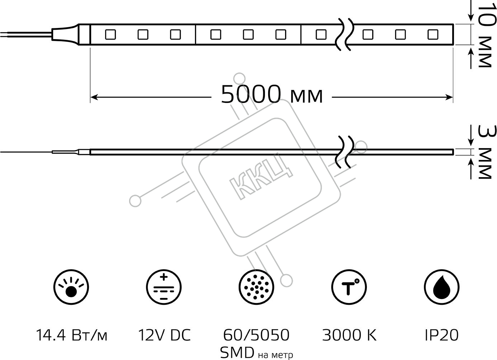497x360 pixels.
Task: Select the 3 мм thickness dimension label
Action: coord(486,152)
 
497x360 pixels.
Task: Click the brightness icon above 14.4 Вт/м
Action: coord(71,287)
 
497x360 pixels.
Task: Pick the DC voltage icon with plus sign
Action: coord(164,287)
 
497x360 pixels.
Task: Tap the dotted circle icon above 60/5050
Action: coord(256,287)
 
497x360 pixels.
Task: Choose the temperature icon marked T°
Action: coord(349,287)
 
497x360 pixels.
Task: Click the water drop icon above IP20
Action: coord(441,287)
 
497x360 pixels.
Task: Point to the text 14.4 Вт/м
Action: coord(71,335)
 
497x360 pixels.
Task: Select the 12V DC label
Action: coord(164,335)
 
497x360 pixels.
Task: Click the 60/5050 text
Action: coord(256,335)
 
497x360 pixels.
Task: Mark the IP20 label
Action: coord(442,335)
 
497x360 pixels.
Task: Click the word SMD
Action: coord(237,352)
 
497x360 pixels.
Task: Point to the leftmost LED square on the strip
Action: coord(110,35)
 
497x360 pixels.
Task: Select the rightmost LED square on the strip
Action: coord(433,35)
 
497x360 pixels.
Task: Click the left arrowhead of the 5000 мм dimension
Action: coord(94,97)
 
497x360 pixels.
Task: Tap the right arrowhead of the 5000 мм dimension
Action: coord(449,97)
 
